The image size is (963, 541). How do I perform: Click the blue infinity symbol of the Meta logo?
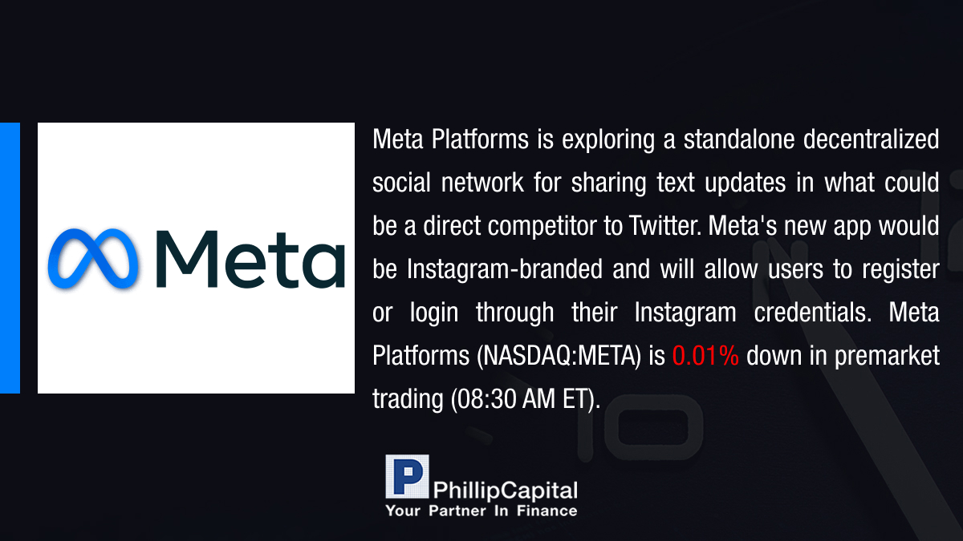pyautogui.click(x=93, y=258)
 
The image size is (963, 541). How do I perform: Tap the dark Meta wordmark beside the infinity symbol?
pyautogui.click(x=250, y=259)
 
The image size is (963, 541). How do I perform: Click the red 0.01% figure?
pyautogui.click(x=705, y=356)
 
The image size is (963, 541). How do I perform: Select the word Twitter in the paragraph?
pyautogui.click(x=664, y=225)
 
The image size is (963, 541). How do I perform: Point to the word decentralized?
pyautogui.click(x=871, y=139)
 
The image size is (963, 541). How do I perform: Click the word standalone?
pyautogui.click(x=739, y=139)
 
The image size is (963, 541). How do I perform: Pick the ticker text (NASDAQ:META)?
pyautogui.click(x=559, y=357)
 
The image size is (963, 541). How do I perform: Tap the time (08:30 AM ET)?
pyautogui.click(x=525, y=400)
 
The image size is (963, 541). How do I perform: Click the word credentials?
pyautogui.click(x=812, y=312)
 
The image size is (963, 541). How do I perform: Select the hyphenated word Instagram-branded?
pyautogui.click(x=505, y=269)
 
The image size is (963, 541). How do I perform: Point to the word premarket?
pyautogui.click(x=887, y=357)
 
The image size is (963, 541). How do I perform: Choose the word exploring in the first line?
pyautogui.click(x=608, y=140)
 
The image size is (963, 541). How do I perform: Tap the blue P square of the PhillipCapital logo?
pyautogui.click(x=407, y=477)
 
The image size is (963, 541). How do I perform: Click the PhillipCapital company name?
pyautogui.click(x=505, y=491)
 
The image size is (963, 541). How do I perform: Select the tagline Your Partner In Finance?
pyautogui.click(x=481, y=511)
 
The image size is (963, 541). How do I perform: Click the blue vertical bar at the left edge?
pyautogui.click(x=10, y=258)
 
